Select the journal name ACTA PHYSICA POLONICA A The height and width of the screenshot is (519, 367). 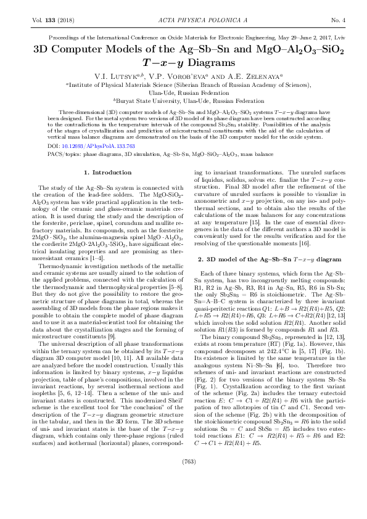tap(183, 21)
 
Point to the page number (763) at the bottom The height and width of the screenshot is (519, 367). tap(183, 494)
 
